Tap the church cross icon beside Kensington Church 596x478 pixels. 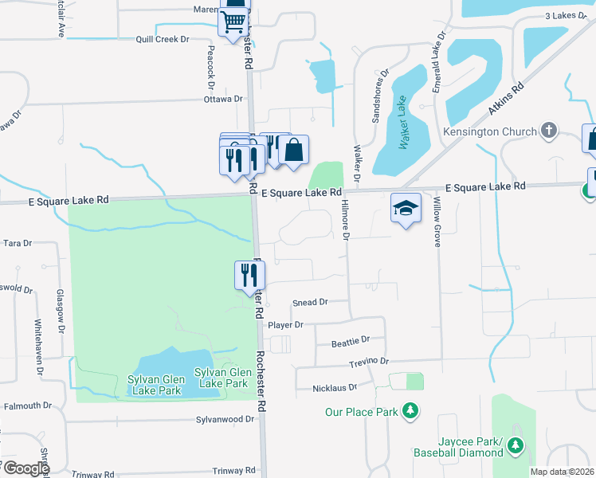pyautogui.click(x=548, y=130)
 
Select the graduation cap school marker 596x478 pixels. pyautogui.click(x=406, y=208)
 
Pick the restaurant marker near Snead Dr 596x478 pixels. pyautogui.click(x=249, y=275)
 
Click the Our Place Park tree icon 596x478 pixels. pyautogui.click(x=411, y=411)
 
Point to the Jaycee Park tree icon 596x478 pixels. pyautogui.click(x=516, y=445)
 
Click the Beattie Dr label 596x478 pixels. pyautogui.click(x=351, y=340)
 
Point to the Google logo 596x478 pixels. pyautogui.click(x=26, y=468)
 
